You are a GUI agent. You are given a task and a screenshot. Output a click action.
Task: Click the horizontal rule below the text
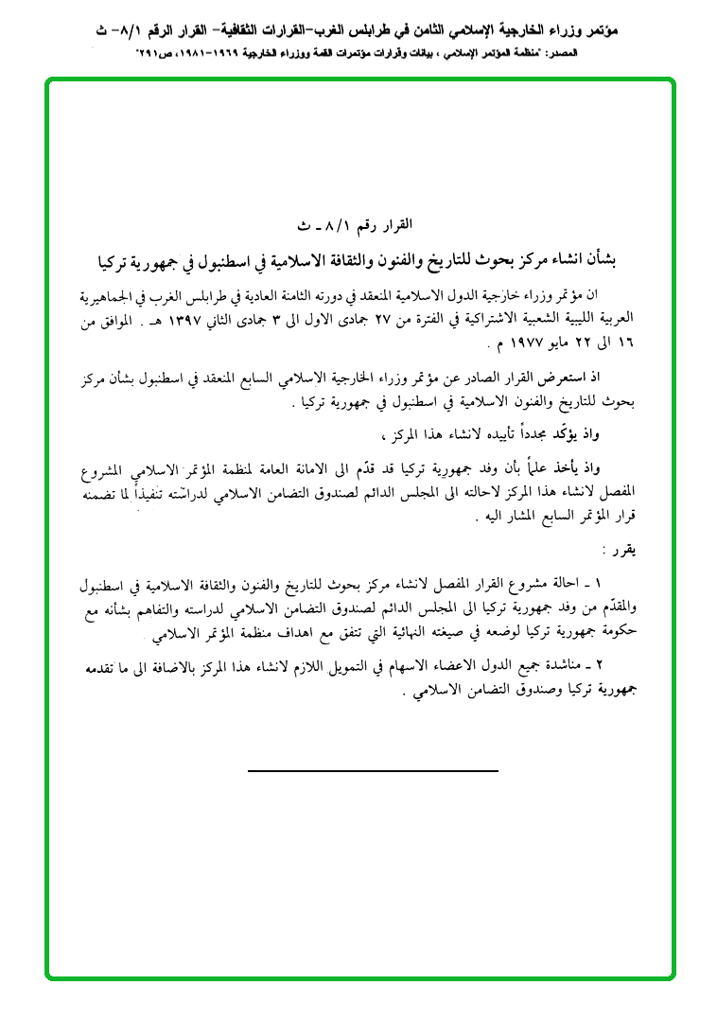[373, 772]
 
